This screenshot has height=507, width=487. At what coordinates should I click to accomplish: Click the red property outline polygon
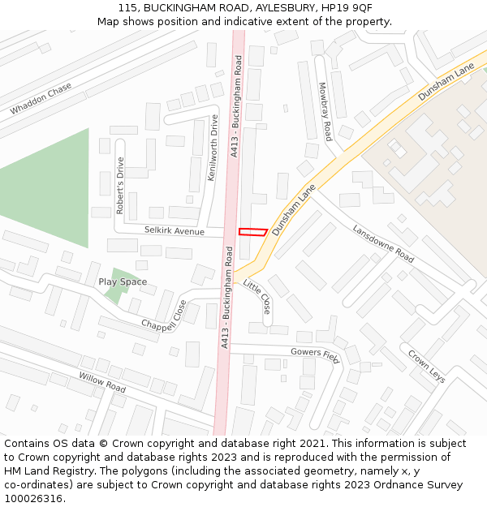pyautogui.click(x=252, y=233)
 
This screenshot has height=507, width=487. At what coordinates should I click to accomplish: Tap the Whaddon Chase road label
pyautogui.click(x=41, y=99)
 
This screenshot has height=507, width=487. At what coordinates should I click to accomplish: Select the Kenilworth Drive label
pyautogui.click(x=213, y=148)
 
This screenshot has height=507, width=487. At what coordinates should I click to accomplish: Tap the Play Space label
pyautogui.click(x=123, y=282)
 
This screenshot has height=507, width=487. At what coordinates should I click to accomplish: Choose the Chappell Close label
pyautogui.click(x=163, y=316)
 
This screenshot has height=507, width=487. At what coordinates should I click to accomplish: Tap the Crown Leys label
pyautogui.click(x=426, y=366)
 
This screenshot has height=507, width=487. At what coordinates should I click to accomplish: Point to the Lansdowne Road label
pyautogui.click(x=383, y=243)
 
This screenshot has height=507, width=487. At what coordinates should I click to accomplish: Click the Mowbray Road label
pyautogui.click(x=325, y=112)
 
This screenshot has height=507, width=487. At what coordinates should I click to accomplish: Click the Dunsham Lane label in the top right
pyautogui.click(x=446, y=83)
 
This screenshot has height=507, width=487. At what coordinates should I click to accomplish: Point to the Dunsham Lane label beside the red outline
pyautogui.click(x=293, y=209)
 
